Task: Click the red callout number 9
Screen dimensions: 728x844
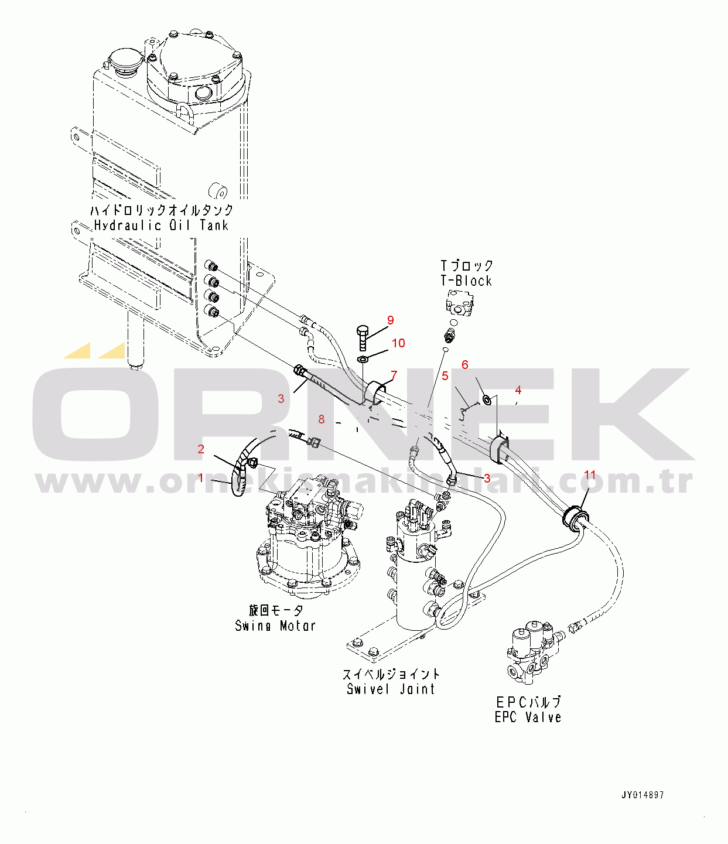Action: pos(390,320)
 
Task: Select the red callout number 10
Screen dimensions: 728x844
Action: pos(398,343)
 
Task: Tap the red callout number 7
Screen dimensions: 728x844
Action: pos(394,375)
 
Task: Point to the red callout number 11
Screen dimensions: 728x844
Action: pos(590,475)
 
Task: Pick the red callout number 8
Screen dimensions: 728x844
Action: pos(322,419)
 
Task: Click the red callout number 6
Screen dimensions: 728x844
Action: pos(464,365)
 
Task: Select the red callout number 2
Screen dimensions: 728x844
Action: pos(200,449)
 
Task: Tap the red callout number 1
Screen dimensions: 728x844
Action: pos(200,477)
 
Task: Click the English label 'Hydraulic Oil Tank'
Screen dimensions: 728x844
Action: pos(161,225)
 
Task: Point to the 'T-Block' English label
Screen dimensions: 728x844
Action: pos(466,281)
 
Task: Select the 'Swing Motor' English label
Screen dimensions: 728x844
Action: pos(275,626)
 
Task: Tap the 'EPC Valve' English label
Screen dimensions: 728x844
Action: pos(528,729)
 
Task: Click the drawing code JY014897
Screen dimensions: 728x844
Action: pos(643,795)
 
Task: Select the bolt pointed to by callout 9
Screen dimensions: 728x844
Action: pos(363,338)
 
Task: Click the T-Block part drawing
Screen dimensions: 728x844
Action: pos(460,303)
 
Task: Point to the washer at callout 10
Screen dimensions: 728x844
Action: pos(363,359)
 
